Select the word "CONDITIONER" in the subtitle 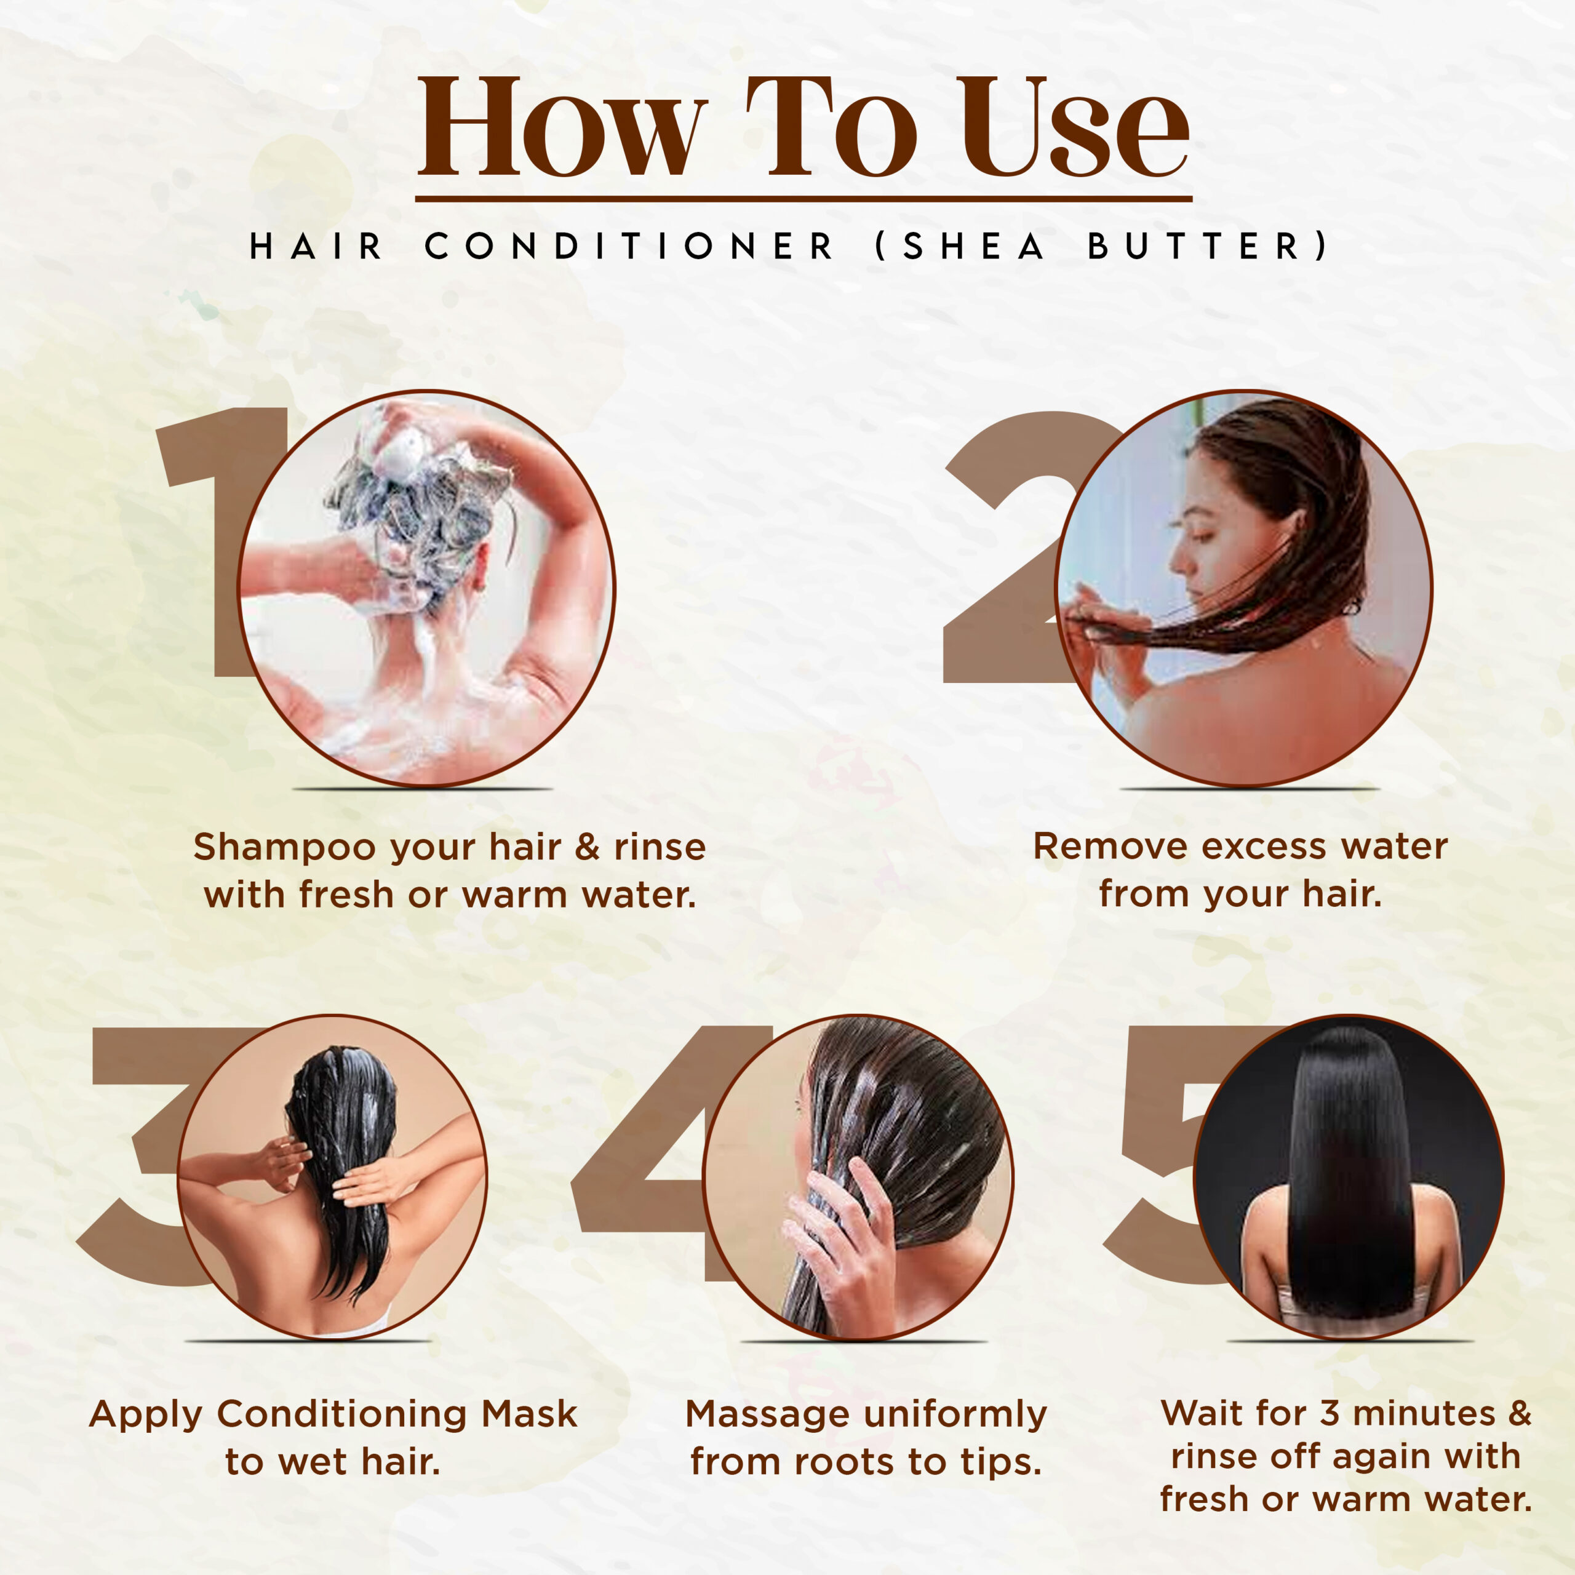629,246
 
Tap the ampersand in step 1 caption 587,847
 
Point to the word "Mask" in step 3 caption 529,1414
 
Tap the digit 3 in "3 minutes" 1330,1414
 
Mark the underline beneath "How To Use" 804,198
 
